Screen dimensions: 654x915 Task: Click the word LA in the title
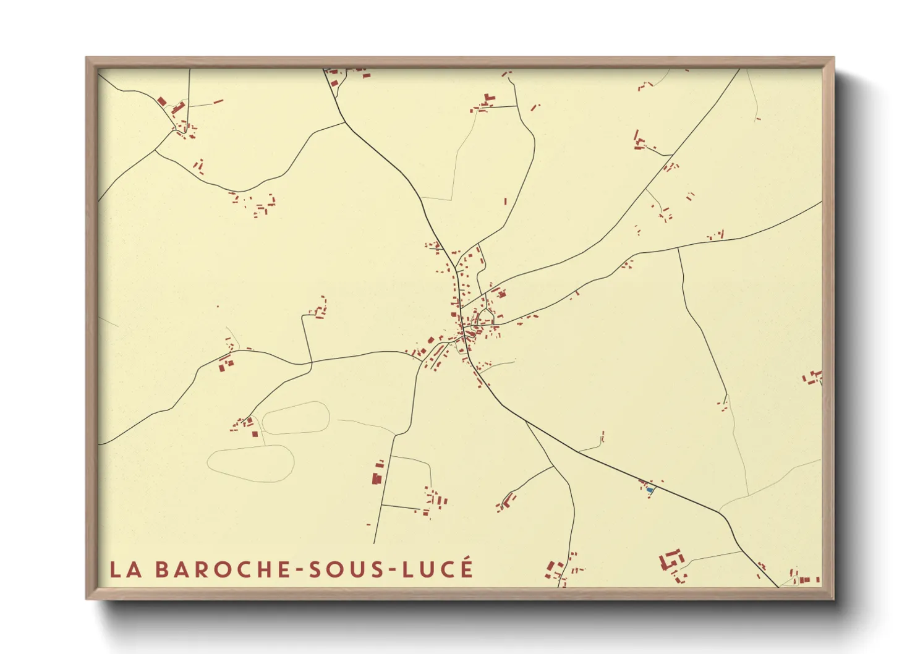[x=126, y=569]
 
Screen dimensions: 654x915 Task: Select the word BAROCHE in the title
[x=223, y=569]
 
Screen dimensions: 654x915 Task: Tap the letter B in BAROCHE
[x=161, y=569]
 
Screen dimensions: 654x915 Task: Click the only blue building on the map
[x=650, y=490]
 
